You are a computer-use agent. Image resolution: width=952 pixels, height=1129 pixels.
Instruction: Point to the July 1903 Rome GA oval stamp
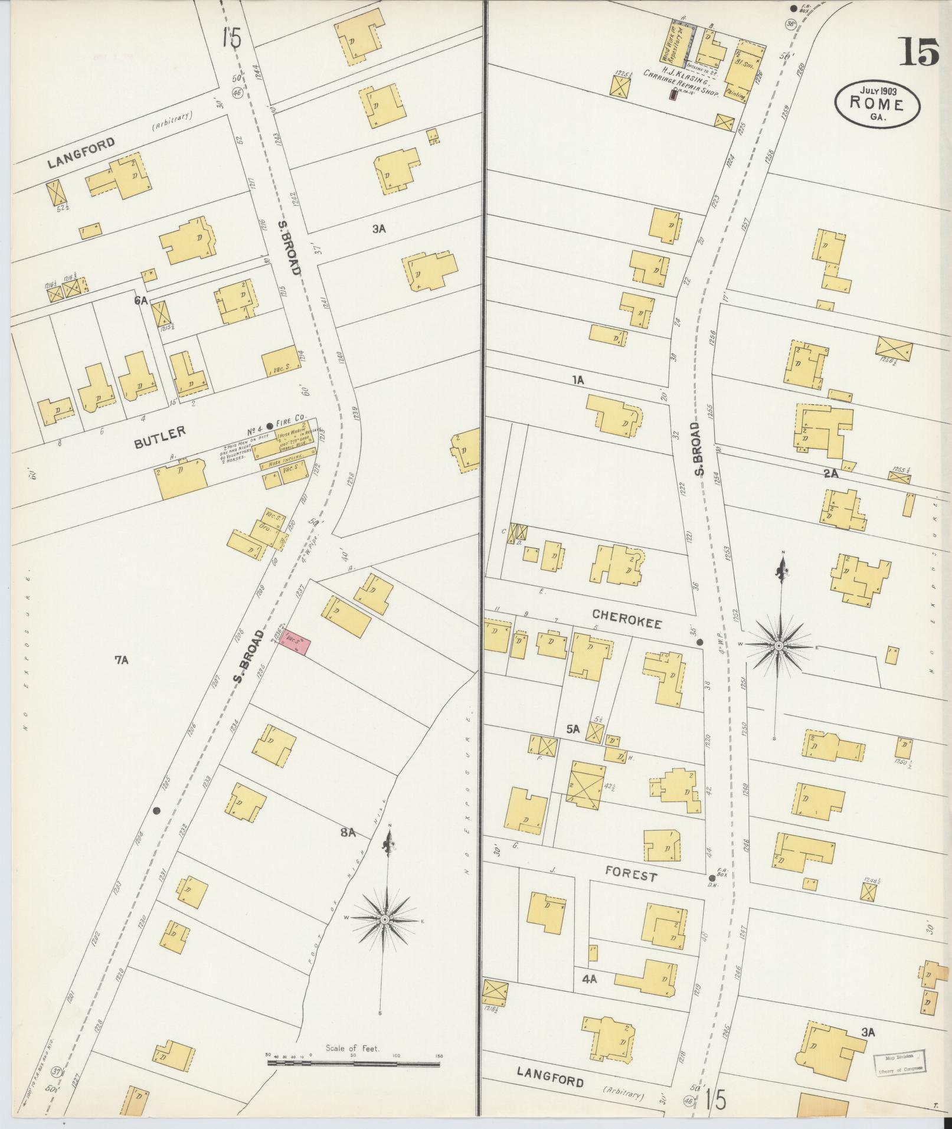click(877, 103)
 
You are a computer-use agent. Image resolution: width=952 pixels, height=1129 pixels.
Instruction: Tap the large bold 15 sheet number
click(919, 51)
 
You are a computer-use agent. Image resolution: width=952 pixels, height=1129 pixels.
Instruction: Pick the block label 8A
click(348, 833)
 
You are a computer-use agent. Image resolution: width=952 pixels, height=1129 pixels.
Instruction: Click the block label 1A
click(577, 381)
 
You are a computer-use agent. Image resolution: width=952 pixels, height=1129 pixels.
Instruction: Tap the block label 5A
click(573, 730)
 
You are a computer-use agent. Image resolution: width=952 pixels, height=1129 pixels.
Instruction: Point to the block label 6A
click(140, 300)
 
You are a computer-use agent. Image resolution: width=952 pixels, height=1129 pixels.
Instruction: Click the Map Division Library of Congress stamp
click(899, 1060)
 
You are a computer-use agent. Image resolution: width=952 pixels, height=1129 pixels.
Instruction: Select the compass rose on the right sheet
click(779, 646)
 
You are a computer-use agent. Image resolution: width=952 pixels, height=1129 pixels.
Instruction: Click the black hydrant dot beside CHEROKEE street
click(699, 642)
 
